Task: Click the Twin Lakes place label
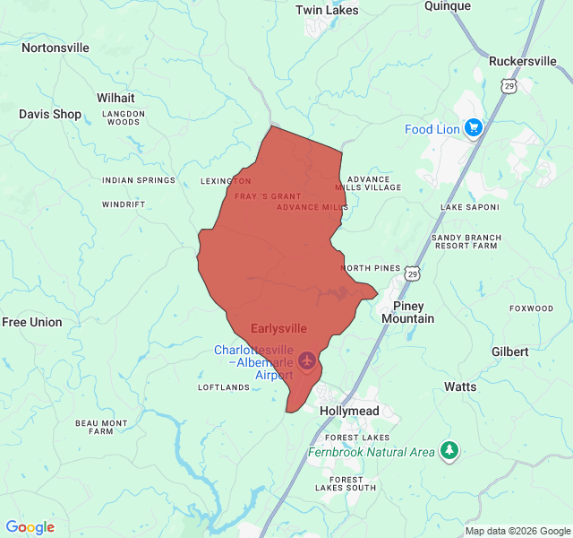327,11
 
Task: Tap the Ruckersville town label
522,62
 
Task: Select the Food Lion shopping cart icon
474,128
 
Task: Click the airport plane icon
309,360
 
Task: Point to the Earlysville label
278,329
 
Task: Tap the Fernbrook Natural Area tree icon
449,451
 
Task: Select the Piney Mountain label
407,312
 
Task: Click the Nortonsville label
56,48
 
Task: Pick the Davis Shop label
50,115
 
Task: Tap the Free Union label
32,323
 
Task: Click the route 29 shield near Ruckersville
509,86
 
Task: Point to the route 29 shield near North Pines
411,271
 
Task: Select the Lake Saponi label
469,208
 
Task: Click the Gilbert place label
509,352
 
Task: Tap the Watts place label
460,387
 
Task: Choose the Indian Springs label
139,180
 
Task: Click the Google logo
30,527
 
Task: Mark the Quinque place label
448,6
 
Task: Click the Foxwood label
532,308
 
